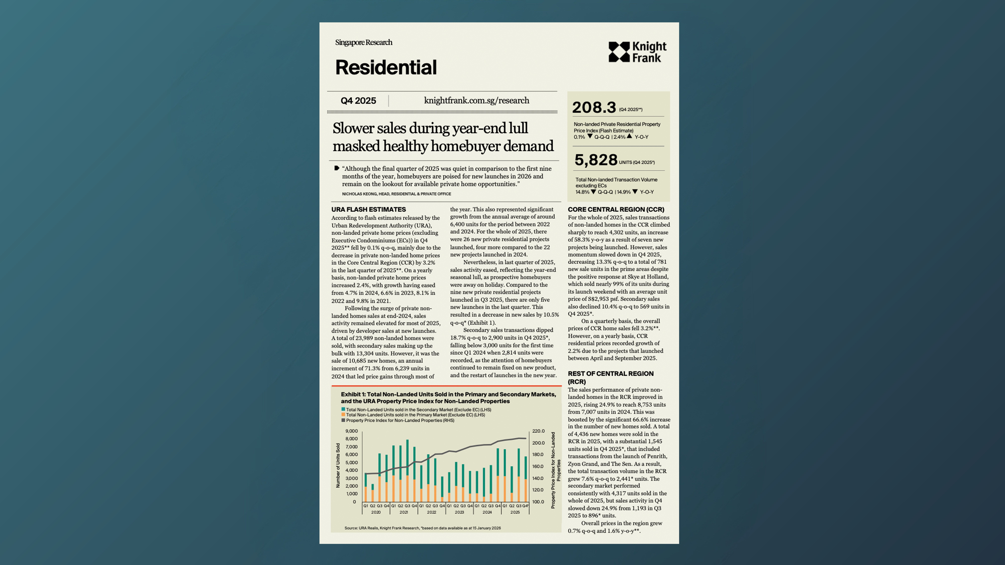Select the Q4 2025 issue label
[x=358, y=101]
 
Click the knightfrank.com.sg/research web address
[x=476, y=101]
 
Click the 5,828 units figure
[x=596, y=160]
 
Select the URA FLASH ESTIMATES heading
[x=368, y=209]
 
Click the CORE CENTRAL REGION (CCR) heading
[x=616, y=209]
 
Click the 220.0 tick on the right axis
[x=538, y=431]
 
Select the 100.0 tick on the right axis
[x=538, y=502]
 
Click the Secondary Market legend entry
[x=418, y=410]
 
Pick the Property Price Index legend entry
[x=400, y=420]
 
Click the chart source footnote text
[x=422, y=528]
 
